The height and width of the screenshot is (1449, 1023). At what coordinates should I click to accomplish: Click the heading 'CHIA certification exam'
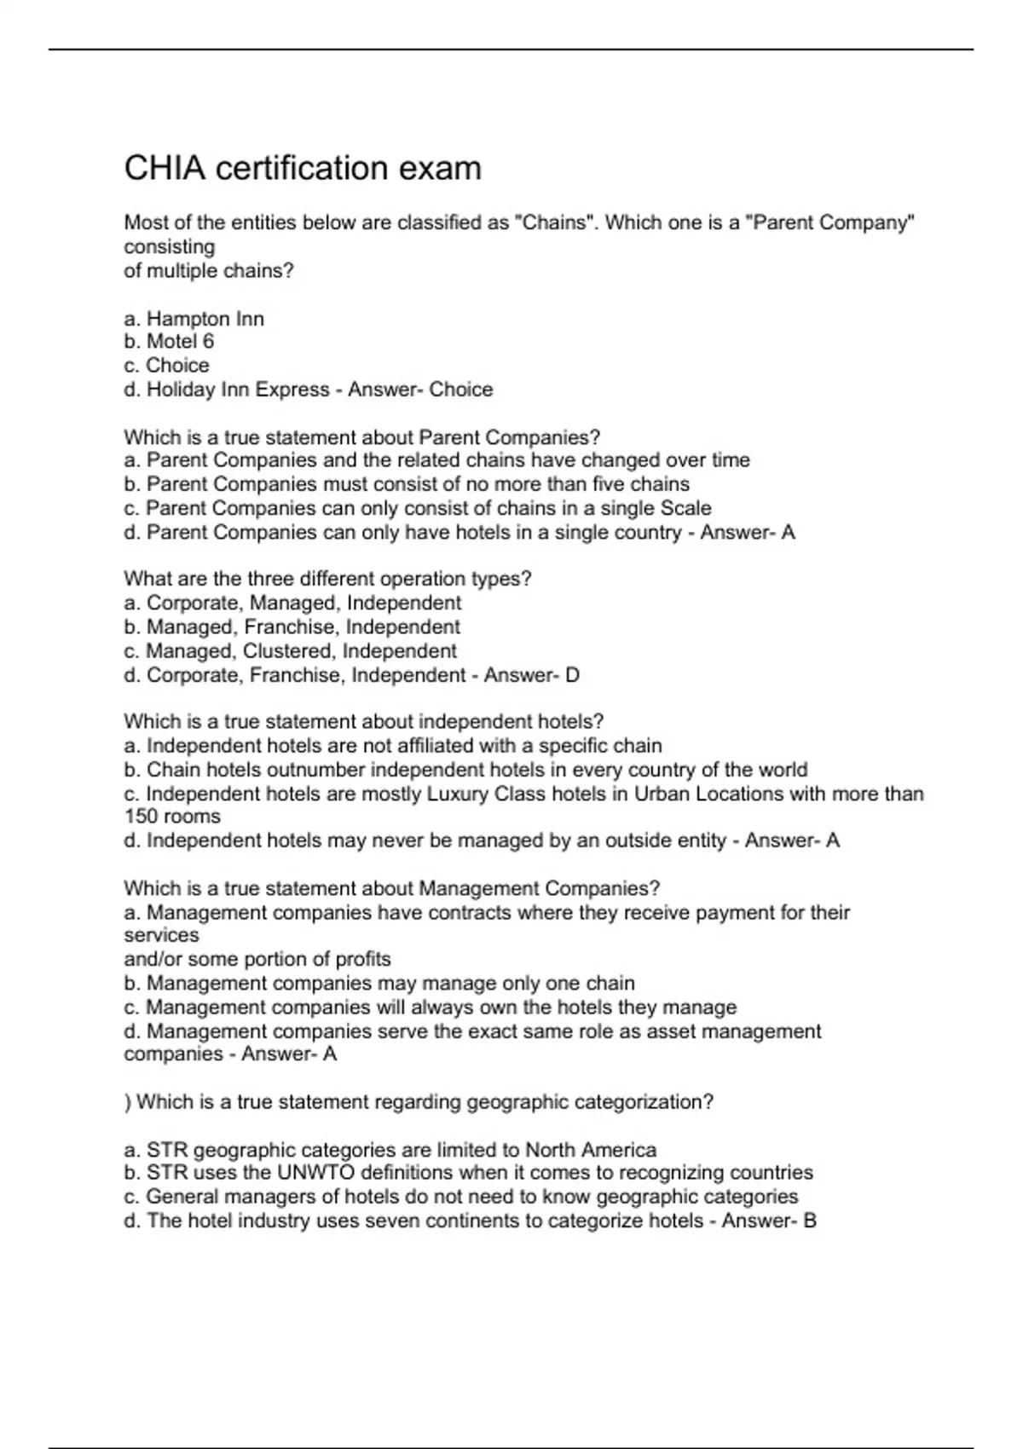[x=303, y=169]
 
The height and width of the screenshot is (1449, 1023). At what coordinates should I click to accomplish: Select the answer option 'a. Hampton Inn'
[x=194, y=319]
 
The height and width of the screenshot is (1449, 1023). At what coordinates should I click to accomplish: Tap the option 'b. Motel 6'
[x=169, y=342]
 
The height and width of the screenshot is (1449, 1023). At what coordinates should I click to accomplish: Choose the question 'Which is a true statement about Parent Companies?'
[x=362, y=437]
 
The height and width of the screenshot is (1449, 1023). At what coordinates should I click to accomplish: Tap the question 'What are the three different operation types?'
[x=327, y=579]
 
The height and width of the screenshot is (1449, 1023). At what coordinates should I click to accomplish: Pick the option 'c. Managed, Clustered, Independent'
[x=291, y=651]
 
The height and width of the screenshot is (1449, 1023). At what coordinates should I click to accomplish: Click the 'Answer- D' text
[x=531, y=675]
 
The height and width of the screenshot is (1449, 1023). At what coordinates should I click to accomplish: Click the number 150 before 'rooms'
[x=142, y=817]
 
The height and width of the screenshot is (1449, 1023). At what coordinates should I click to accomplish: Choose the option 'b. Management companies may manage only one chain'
[x=379, y=984]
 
